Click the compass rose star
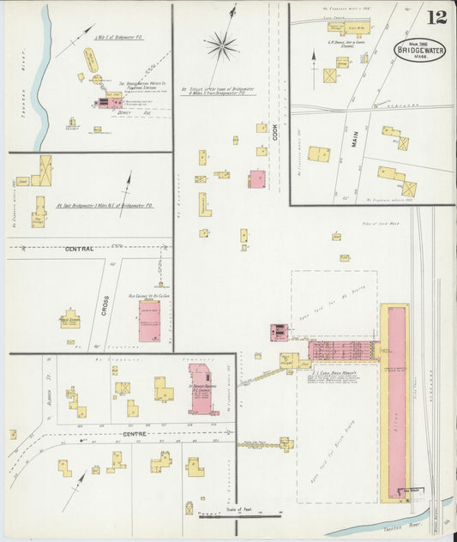coord(221,43)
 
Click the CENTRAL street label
coord(79,248)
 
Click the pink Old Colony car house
coord(149,321)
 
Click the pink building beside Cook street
coord(256,179)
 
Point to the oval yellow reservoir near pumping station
coord(89,60)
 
